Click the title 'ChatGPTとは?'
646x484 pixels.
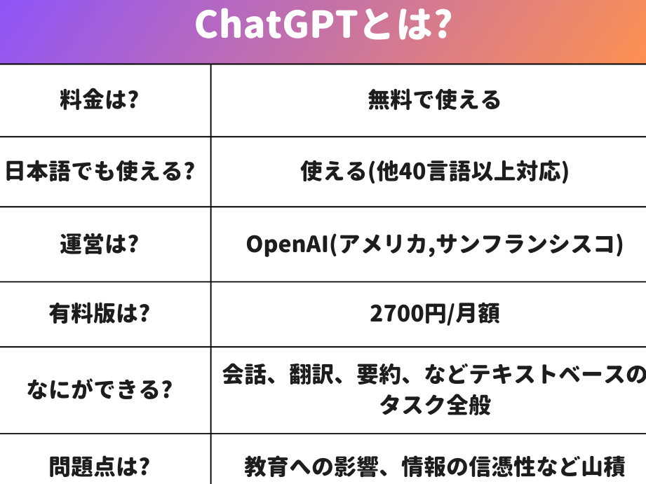pos(323,24)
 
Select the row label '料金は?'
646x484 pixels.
pos(100,99)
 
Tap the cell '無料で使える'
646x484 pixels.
pos(434,99)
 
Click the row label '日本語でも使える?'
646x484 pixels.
pos(100,171)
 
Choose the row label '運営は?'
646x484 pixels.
pos(100,244)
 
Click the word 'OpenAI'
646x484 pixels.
pos(287,244)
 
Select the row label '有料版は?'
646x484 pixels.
pos(100,313)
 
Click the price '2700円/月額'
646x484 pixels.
pos(435,313)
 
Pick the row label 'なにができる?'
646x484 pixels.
pos(100,389)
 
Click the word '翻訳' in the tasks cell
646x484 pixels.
pos(311,374)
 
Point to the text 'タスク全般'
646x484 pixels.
pos(435,405)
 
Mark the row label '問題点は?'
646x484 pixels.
pos(100,466)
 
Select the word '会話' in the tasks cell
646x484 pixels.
pos(244,374)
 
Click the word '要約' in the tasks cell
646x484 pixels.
pos(379,374)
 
